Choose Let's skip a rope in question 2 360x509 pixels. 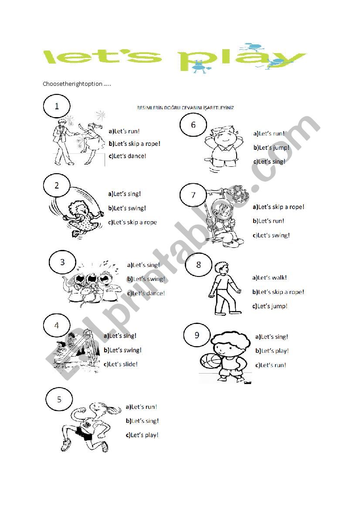(x=132, y=222)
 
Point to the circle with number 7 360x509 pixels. (x=194, y=195)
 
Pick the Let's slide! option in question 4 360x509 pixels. (x=120, y=364)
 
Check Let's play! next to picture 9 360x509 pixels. (x=272, y=351)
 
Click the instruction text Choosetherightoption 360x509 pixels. (x=77, y=84)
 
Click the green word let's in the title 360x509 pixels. (x=103, y=57)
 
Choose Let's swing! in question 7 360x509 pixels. (x=271, y=236)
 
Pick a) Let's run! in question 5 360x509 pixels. (x=141, y=407)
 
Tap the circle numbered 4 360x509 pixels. (x=57, y=325)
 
